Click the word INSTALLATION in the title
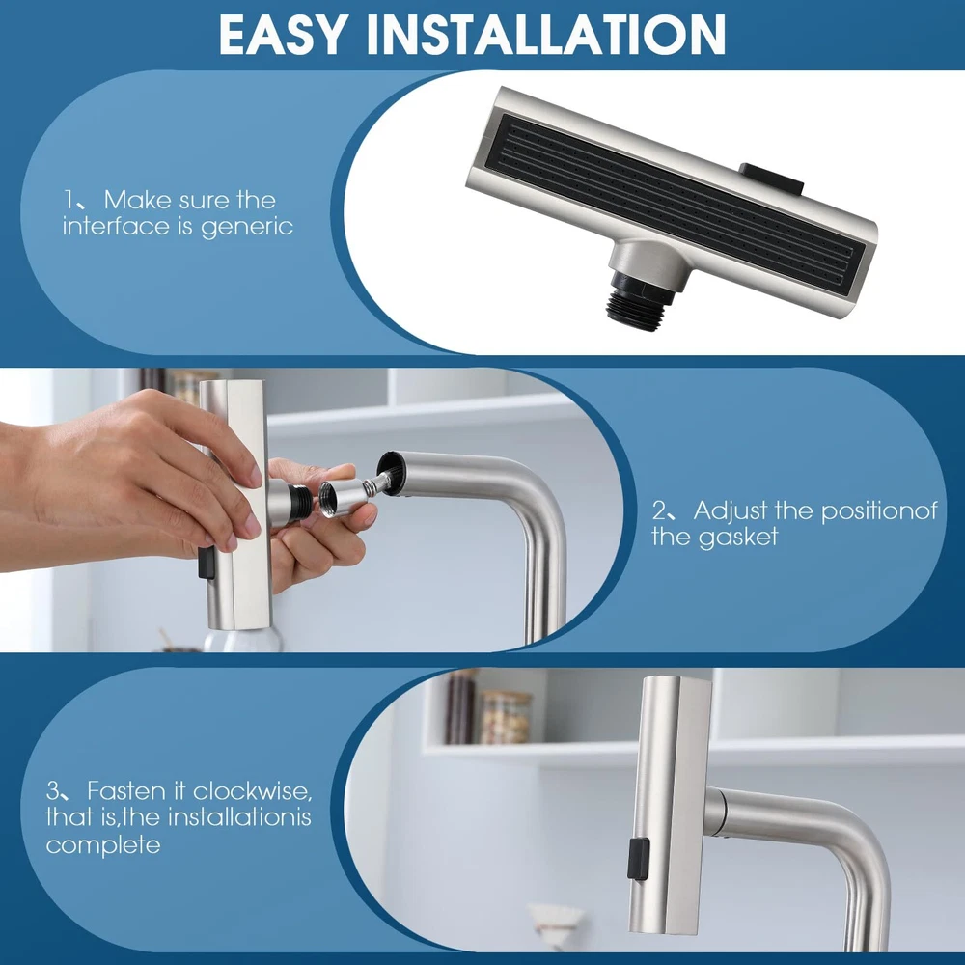(546, 35)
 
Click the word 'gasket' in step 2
(738, 538)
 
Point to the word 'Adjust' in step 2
(731, 510)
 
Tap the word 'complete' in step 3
(103, 845)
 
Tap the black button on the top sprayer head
(772, 179)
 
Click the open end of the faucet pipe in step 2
(390, 472)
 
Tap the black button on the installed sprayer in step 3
(638, 859)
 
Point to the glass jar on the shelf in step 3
(505, 717)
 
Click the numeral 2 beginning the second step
(659, 511)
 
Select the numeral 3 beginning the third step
(53, 791)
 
